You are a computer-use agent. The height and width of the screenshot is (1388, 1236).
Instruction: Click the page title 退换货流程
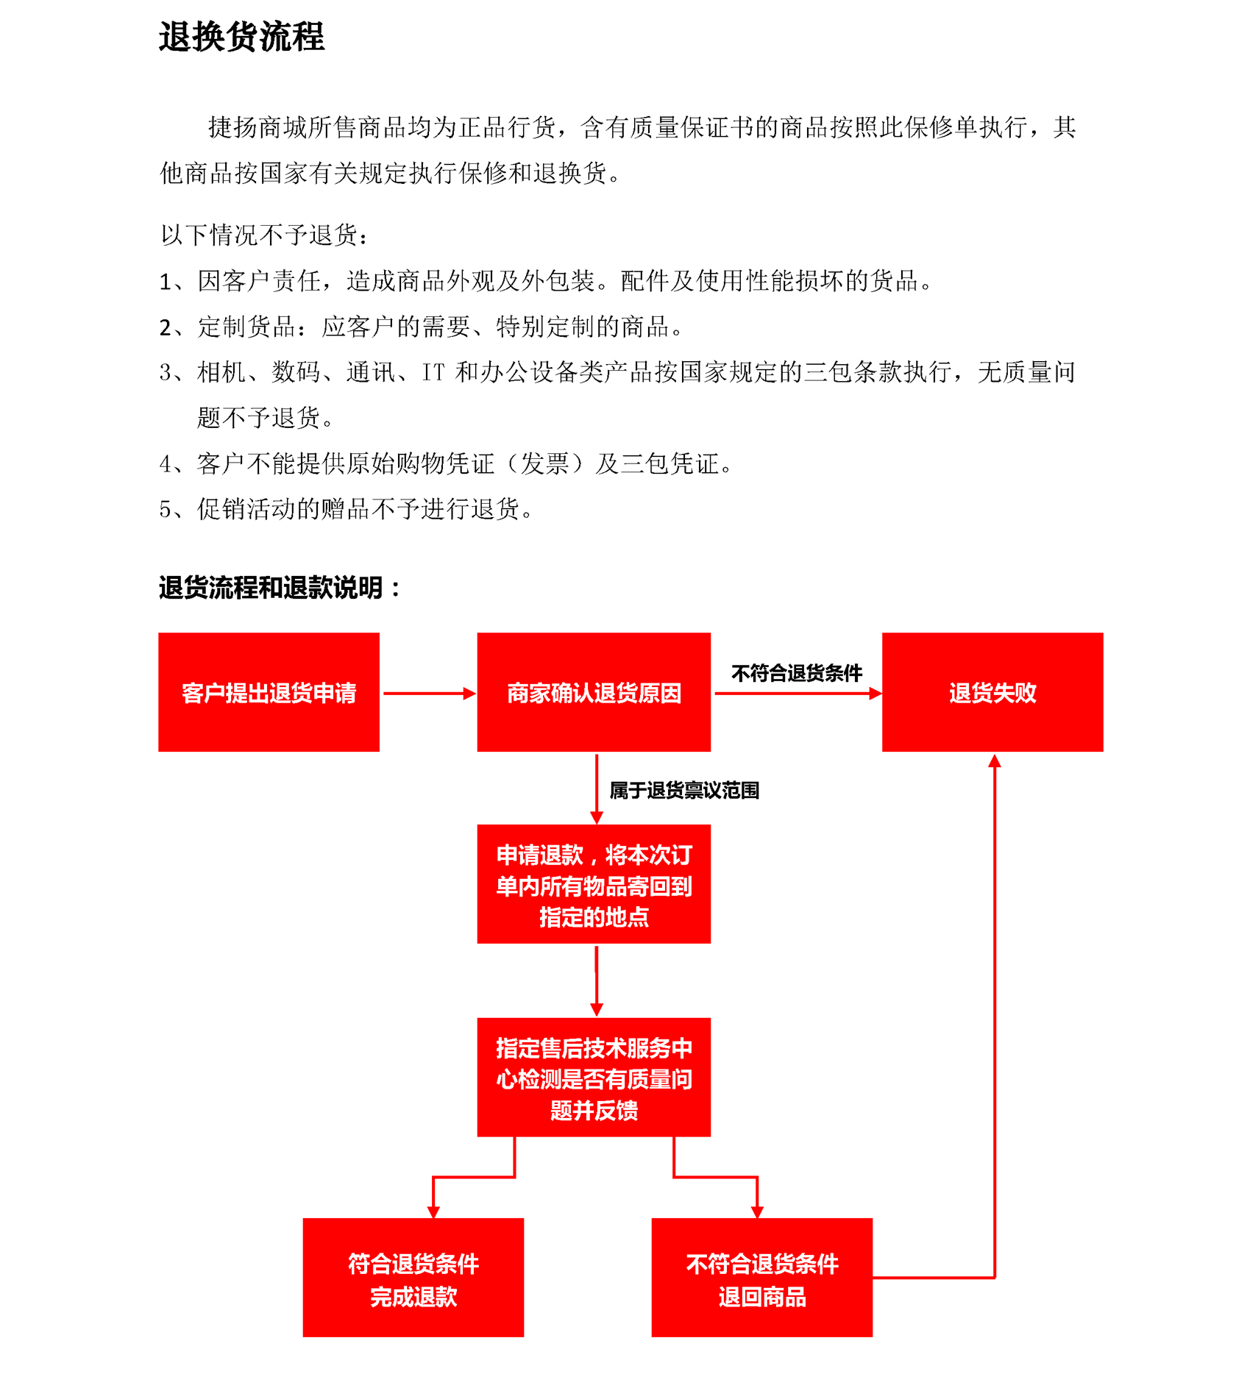241,37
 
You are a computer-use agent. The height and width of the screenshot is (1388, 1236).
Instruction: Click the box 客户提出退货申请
269,692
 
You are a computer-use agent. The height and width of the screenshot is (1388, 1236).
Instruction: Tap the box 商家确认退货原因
594,692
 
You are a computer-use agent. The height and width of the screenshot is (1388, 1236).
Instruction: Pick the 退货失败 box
992,692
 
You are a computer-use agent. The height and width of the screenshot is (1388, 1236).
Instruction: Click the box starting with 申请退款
594,884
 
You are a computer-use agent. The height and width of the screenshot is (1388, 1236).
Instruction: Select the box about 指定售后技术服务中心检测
594,1078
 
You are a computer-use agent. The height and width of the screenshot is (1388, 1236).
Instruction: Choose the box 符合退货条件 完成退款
413,1278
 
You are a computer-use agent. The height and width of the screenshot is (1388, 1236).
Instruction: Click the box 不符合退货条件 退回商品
762,1278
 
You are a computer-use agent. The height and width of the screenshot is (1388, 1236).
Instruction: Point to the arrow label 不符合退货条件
797,673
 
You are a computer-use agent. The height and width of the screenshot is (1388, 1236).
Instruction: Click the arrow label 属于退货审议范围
684,791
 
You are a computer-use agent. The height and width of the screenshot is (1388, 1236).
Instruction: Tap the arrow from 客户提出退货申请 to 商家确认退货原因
430,693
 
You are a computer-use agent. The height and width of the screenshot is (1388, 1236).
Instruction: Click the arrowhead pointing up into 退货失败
995,761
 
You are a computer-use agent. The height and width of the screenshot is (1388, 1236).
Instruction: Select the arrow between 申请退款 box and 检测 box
597,981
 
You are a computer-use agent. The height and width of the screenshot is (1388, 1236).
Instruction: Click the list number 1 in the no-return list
166,282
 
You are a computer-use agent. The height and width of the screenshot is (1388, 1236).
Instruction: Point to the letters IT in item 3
433,373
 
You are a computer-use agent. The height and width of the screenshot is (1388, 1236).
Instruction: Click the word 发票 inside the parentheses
544,464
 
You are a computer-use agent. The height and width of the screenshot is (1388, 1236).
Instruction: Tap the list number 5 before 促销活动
166,509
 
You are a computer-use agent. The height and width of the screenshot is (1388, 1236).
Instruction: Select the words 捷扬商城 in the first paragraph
257,128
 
